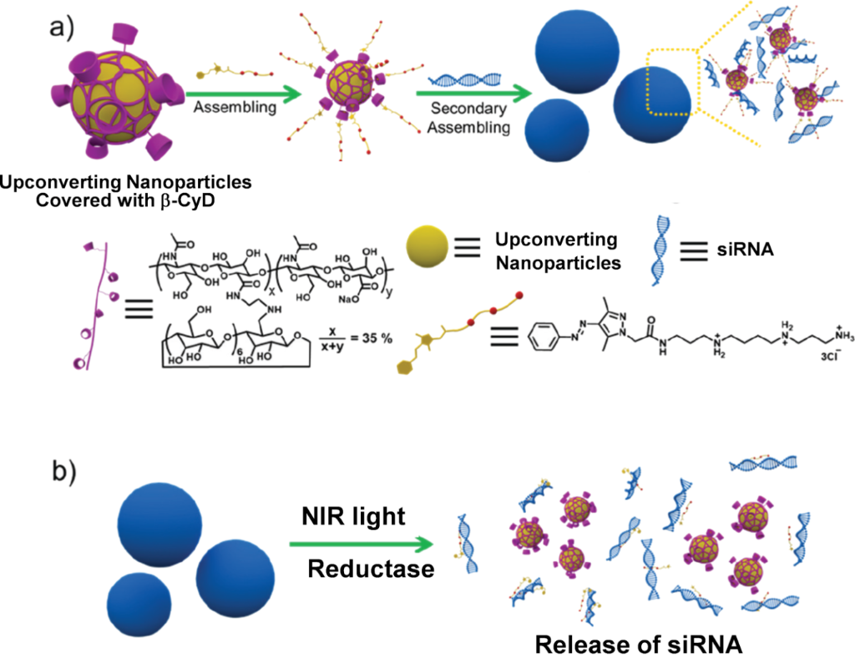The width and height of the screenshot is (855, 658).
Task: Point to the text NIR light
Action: coord(353,517)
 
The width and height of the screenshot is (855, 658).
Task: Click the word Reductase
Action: coord(371,570)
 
